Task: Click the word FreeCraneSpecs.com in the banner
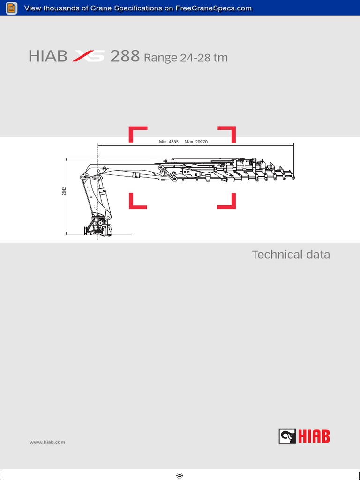pyautogui.click(x=213, y=8)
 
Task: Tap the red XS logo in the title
pyautogui.click(x=89, y=57)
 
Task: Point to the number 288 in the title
pyautogui.click(x=125, y=56)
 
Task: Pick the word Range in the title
pyautogui.click(x=161, y=59)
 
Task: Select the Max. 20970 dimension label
pyautogui.click(x=196, y=141)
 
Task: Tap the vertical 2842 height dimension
pyautogui.click(x=64, y=191)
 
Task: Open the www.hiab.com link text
pyautogui.click(x=47, y=442)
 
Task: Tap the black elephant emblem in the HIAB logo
pyautogui.click(x=287, y=437)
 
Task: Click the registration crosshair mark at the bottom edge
pyautogui.click(x=180, y=475)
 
